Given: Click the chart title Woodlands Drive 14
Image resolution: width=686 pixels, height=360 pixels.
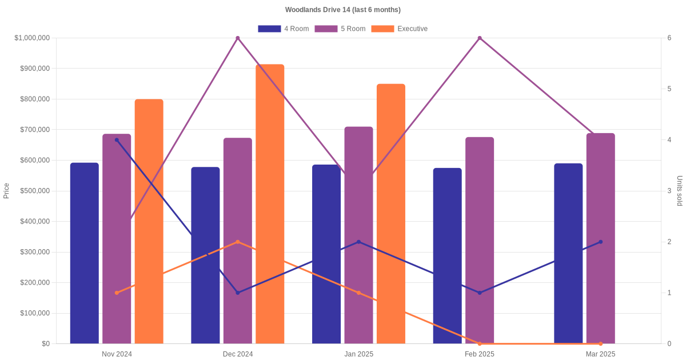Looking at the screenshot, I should pyautogui.click(x=342, y=10).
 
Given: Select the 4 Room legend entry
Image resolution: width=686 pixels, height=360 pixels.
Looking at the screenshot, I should pyautogui.click(x=284, y=29).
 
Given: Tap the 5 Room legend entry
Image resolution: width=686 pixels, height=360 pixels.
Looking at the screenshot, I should pyautogui.click(x=340, y=29).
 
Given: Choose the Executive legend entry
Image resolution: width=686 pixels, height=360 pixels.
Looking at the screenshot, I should pyautogui.click(x=399, y=29).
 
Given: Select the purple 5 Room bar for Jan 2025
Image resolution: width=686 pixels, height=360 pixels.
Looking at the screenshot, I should pyautogui.click(x=358, y=235).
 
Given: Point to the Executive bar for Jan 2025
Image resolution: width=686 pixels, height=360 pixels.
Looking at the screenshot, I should pyautogui.click(x=391, y=214).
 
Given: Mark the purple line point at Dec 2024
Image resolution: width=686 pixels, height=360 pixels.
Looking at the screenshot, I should pyautogui.click(x=238, y=38).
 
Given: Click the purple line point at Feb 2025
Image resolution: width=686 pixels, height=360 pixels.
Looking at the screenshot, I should pyautogui.click(x=480, y=38).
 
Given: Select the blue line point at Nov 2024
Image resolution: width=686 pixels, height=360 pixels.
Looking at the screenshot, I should pyautogui.click(x=117, y=140).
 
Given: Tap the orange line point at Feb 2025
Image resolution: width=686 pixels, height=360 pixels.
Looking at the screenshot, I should pyautogui.click(x=480, y=343).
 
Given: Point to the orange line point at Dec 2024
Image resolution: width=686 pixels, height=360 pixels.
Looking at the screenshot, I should pyautogui.click(x=238, y=242).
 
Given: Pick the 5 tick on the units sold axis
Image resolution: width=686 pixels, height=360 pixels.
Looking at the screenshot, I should pyautogui.click(x=669, y=89).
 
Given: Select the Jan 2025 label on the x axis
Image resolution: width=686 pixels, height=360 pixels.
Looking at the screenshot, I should pyautogui.click(x=358, y=354).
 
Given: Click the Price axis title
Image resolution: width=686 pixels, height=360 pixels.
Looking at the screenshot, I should pyautogui.click(x=6, y=191).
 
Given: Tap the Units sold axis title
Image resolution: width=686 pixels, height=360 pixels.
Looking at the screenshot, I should pyautogui.click(x=679, y=191).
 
